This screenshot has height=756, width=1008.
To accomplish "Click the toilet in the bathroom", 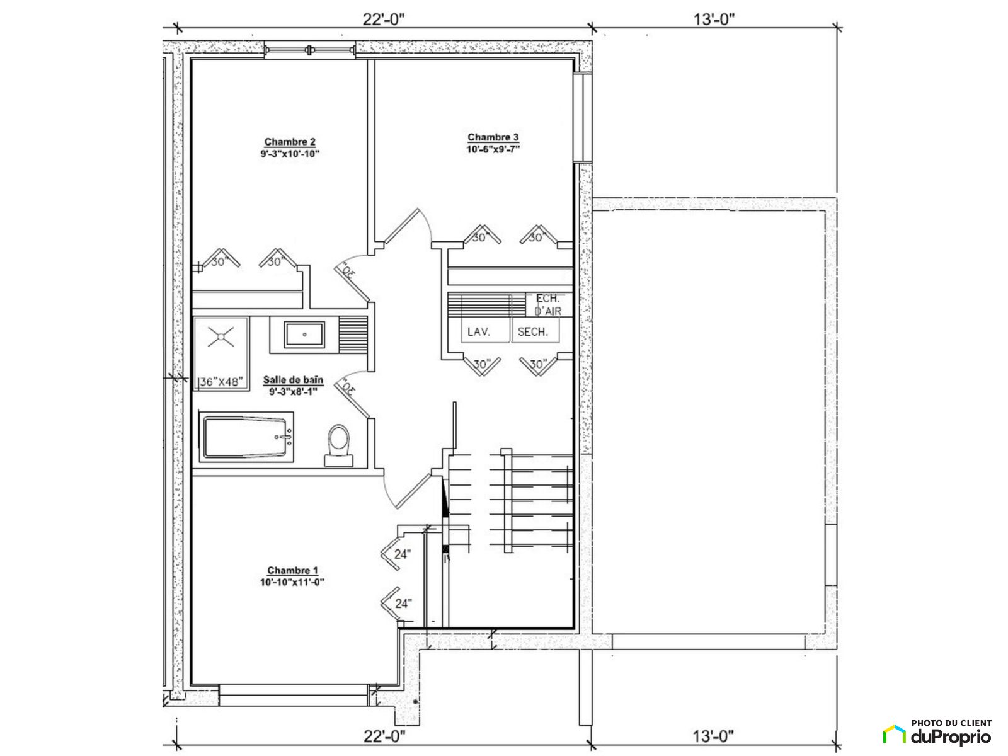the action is tap(339, 445).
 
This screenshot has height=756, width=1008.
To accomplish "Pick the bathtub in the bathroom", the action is tap(246, 437).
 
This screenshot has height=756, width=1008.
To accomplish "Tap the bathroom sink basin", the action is tap(304, 334).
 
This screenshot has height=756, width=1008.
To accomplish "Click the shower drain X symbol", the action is tap(221, 336).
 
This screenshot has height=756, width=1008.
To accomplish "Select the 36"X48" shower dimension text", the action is tap(221, 382).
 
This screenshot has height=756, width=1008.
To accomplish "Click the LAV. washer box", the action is tap(485, 329).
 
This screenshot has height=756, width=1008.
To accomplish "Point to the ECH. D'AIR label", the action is tap(548, 304).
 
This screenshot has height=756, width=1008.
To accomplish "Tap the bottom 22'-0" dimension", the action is tap(384, 736).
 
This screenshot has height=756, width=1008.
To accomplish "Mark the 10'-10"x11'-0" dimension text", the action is tap(292, 582).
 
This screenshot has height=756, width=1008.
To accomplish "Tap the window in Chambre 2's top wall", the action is tap(310, 49).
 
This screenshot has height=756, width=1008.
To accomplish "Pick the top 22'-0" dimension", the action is tap(384, 20).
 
